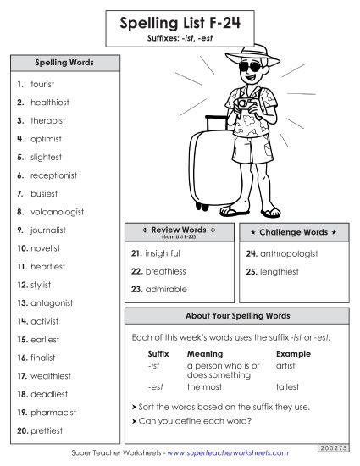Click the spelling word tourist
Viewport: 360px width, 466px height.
[42, 85]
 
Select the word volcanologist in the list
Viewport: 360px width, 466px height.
[55, 212]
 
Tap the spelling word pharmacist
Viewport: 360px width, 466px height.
[53, 412]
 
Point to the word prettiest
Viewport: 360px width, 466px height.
[47, 430]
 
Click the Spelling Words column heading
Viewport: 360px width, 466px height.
[64, 63]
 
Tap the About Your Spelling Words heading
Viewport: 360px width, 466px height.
[237, 315]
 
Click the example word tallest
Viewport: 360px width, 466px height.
[287, 386]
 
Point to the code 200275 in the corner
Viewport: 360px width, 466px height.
[335, 446]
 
